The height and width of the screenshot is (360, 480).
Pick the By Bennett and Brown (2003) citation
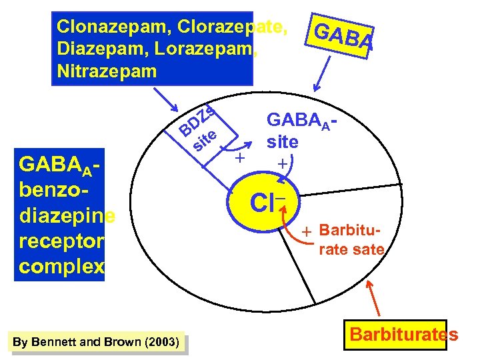click(x=95, y=342)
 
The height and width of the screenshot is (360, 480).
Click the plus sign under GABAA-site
click(x=283, y=162)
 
